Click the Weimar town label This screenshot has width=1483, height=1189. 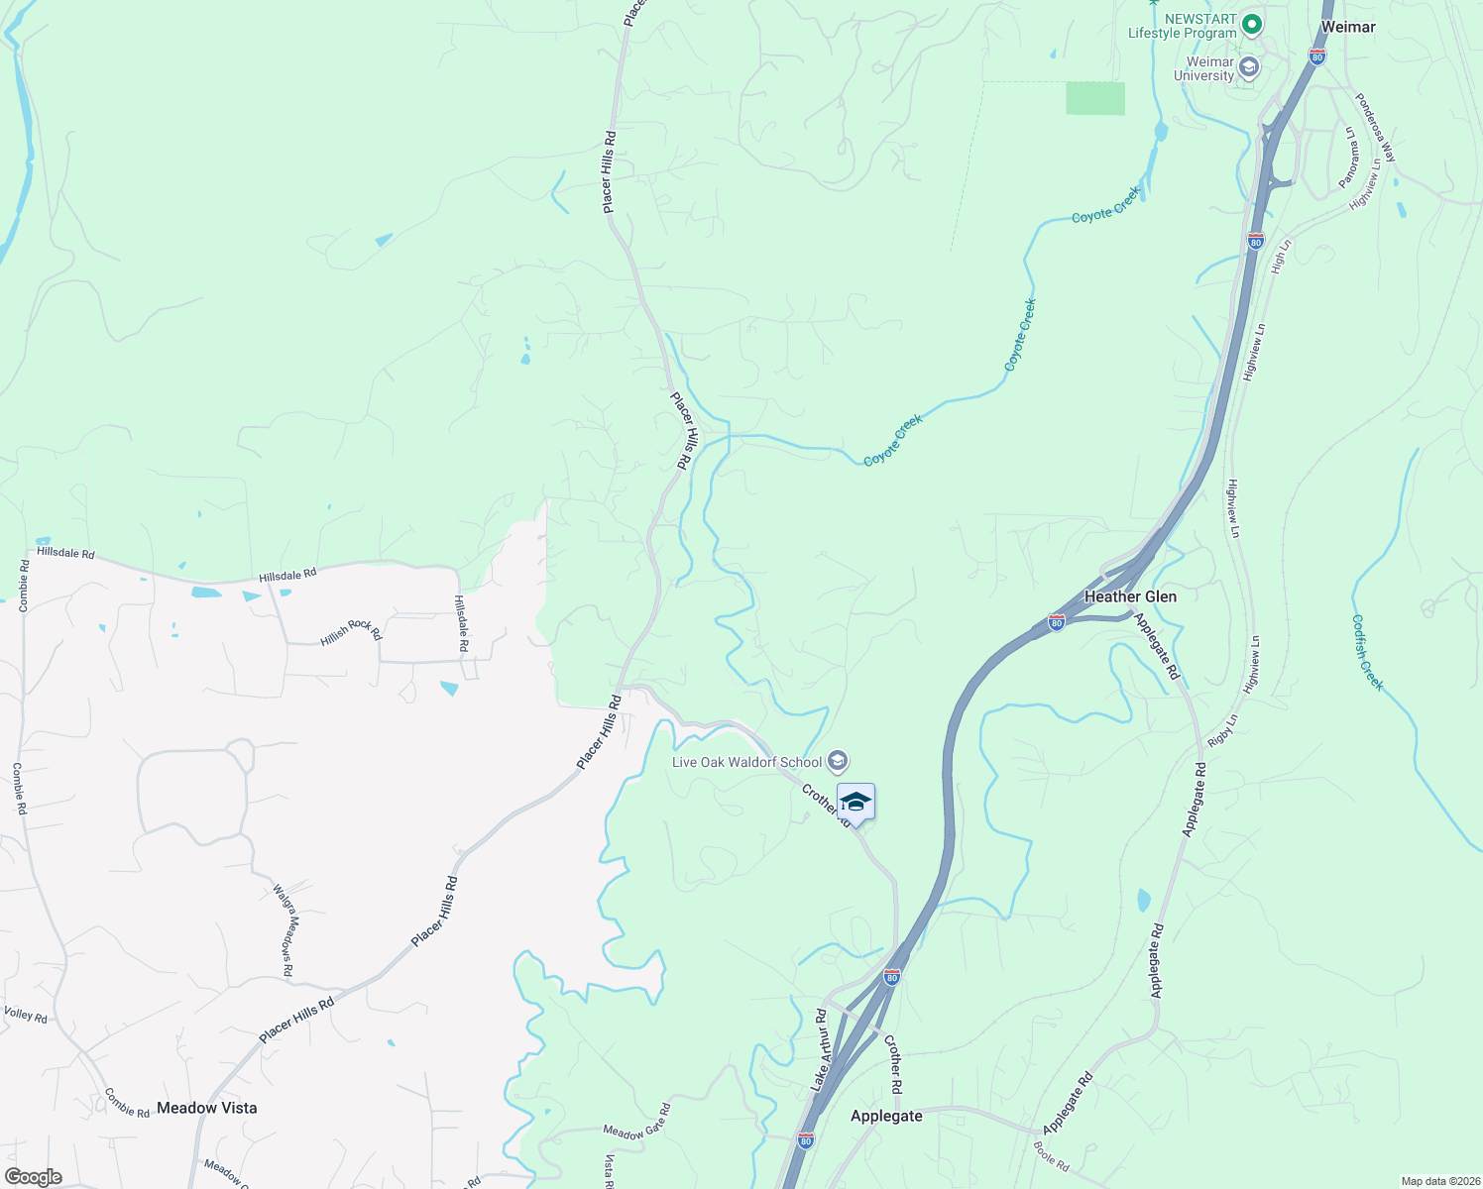coord(1348,27)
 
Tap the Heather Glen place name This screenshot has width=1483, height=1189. coord(1130,596)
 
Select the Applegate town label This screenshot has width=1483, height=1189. coord(886,1116)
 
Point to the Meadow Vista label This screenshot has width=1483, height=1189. coord(206,1108)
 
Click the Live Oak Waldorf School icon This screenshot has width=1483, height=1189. coord(838,761)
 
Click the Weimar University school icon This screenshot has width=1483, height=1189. coord(1248,68)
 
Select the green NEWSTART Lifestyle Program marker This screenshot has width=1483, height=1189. coord(1251,23)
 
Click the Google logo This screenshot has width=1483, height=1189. coord(33,1176)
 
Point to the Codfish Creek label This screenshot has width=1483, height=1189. coord(1367,653)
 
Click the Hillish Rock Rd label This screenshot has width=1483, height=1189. coord(351,631)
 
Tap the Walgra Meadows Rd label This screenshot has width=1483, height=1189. coord(284,930)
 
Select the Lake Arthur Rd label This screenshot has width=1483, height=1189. coord(819,1050)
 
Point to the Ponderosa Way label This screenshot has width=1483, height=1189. coord(1375,128)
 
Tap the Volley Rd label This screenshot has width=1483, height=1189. coord(26,1015)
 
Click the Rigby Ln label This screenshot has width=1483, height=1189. coord(1223,730)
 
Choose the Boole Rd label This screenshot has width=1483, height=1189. coord(1051,1156)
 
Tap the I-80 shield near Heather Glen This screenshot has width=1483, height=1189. coord(1057,622)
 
